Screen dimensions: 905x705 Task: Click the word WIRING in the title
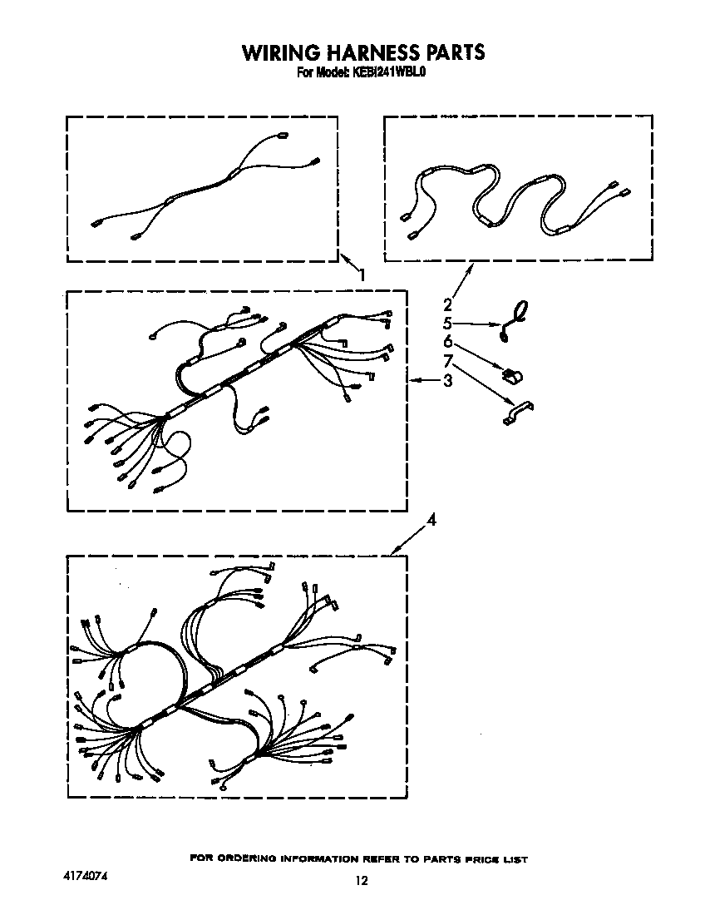pos(277,53)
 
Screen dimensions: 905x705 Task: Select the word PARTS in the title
pos(455,53)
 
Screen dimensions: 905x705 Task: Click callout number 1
pos(362,274)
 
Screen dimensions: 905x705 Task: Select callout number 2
pos(447,304)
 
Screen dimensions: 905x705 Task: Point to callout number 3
pos(447,381)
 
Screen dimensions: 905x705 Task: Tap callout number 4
pos(431,520)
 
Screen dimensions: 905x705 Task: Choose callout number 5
pos(447,323)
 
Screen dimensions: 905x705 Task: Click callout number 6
pos(447,342)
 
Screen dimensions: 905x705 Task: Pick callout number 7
pos(447,361)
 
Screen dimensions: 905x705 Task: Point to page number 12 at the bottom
pos(361,881)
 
